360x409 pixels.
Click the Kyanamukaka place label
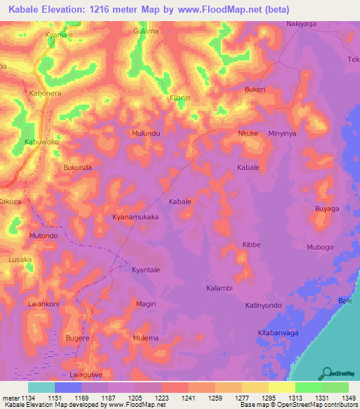pyautogui.click(x=136, y=218)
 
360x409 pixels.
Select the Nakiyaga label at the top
pyautogui.click(x=302, y=24)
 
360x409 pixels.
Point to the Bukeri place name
pyautogui.click(x=255, y=90)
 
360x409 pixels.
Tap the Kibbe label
pyautogui.click(x=251, y=245)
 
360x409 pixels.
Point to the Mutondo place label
pyautogui.click(x=44, y=236)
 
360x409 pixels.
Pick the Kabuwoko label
pyautogui.click(x=41, y=141)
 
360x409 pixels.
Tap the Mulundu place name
pyautogui.click(x=146, y=133)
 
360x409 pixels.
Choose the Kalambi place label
pyautogui.click(x=219, y=288)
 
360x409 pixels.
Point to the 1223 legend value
pyautogui.click(x=161, y=398)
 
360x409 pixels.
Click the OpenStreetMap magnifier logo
pyautogui.click(x=328, y=372)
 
